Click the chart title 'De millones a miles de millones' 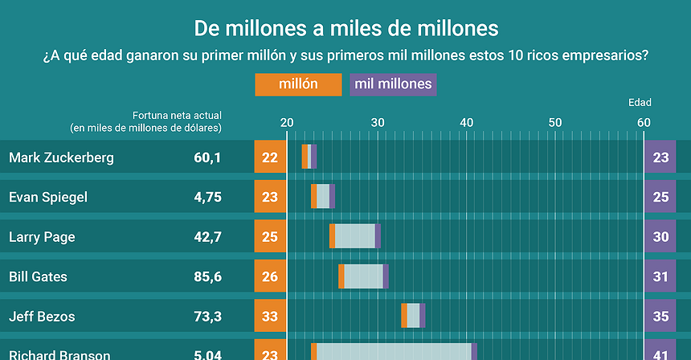(345, 29)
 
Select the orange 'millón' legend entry (297, 84)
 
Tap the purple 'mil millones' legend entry (393, 84)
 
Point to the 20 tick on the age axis (286, 122)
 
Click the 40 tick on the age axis (465, 122)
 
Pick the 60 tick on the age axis (644, 122)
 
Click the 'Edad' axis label (640, 102)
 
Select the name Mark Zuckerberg (61, 157)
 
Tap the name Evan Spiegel (48, 197)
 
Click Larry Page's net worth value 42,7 (207, 237)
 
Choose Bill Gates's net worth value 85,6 (207, 276)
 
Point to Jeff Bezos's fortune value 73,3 (207, 317)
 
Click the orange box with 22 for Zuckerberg (270, 157)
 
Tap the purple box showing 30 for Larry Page (660, 237)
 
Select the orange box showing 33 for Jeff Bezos (270, 317)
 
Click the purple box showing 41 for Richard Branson (660, 354)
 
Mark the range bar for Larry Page (354, 236)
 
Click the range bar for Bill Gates (363, 276)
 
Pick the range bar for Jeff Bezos (413, 316)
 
